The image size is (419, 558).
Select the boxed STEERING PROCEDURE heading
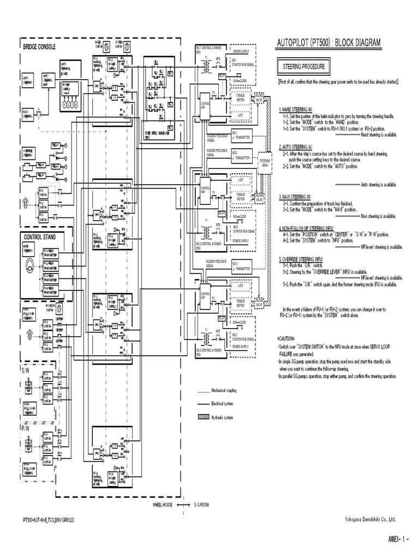pyautogui.click(x=304, y=67)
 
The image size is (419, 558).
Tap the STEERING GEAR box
pyautogui.click(x=265, y=162)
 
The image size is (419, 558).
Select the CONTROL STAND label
pyautogui.click(x=39, y=236)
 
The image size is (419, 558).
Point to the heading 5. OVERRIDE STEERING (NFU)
pyautogui.click(x=304, y=259)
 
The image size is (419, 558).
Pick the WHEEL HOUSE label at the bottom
pyautogui.click(x=162, y=505)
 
